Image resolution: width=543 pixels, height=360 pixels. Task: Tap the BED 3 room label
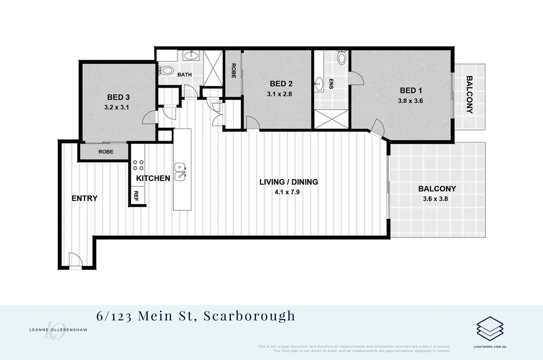pyautogui.click(x=119, y=97)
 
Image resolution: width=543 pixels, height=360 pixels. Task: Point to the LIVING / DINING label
pyautogui.click(x=289, y=182)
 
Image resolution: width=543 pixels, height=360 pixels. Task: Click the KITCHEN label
pyautogui.click(x=153, y=178)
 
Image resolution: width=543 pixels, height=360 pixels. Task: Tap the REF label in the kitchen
pyautogui.click(x=136, y=196)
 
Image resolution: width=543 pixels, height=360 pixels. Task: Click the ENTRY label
pyautogui.click(x=85, y=198)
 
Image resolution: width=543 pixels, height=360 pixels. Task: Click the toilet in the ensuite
pyautogui.click(x=342, y=57)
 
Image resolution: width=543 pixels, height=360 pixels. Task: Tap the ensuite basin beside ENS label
pyautogui.click(x=319, y=83)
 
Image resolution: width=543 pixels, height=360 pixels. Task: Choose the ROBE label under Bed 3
pyautogui.click(x=106, y=152)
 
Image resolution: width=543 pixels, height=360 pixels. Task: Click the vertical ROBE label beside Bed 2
pyautogui.click(x=233, y=71)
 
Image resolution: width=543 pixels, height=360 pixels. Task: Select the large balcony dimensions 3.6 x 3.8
pyautogui.click(x=437, y=198)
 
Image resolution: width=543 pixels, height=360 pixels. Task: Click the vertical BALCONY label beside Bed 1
pyautogui.click(x=469, y=95)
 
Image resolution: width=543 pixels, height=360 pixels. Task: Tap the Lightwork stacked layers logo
pyautogui.click(x=490, y=327)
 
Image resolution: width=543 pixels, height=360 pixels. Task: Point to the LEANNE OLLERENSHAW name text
pyautogui.click(x=55, y=330)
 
